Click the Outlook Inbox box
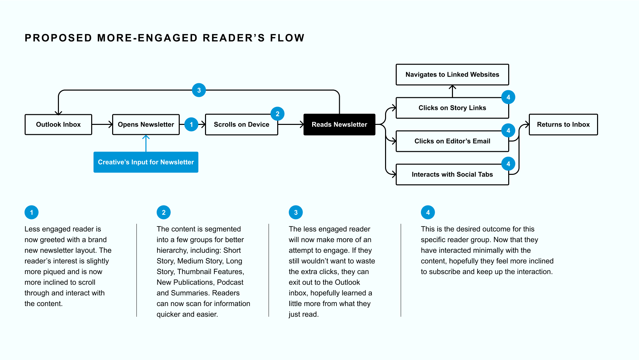click(58, 125)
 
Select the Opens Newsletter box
click(146, 125)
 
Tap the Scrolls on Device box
click(242, 125)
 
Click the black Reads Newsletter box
click(339, 125)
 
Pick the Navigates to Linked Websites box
click(452, 75)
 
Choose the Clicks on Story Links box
click(452, 108)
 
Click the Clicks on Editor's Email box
click(452, 141)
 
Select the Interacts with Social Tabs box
click(452, 175)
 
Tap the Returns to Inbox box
click(563, 125)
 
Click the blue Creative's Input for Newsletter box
click(146, 162)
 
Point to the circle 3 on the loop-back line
click(199, 90)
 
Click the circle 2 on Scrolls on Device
click(278, 114)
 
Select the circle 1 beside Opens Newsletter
click(191, 125)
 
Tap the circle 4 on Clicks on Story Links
click(508, 97)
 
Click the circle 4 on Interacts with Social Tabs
click(508, 164)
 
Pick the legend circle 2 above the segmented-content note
click(164, 212)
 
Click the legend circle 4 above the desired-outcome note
click(428, 212)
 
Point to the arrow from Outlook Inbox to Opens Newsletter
click(102, 125)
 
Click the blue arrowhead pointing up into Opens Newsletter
click(146, 137)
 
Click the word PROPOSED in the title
click(59, 38)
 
